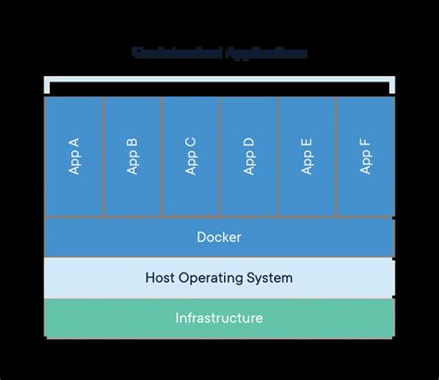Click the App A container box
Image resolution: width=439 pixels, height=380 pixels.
click(x=74, y=156)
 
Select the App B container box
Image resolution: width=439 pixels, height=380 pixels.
click(x=132, y=156)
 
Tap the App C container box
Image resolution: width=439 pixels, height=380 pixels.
click(x=191, y=156)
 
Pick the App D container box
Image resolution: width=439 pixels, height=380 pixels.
click(x=248, y=156)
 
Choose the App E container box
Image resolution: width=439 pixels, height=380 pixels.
click(x=307, y=156)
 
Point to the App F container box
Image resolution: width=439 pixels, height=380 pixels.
click(x=365, y=156)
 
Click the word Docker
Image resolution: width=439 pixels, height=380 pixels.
click(x=219, y=237)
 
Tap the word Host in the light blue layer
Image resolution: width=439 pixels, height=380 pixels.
click(x=162, y=278)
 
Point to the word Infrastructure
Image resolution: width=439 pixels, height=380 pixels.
click(x=219, y=319)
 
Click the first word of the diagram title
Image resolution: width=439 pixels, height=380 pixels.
click(x=172, y=52)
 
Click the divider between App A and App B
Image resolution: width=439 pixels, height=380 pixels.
click(x=104, y=156)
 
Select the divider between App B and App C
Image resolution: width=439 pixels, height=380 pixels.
click(x=162, y=156)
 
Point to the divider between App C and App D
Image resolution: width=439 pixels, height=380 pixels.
click(x=219, y=156)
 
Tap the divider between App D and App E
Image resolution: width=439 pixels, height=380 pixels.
click(x=278, y=156)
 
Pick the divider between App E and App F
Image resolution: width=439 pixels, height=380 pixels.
click(x=335, y=156)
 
